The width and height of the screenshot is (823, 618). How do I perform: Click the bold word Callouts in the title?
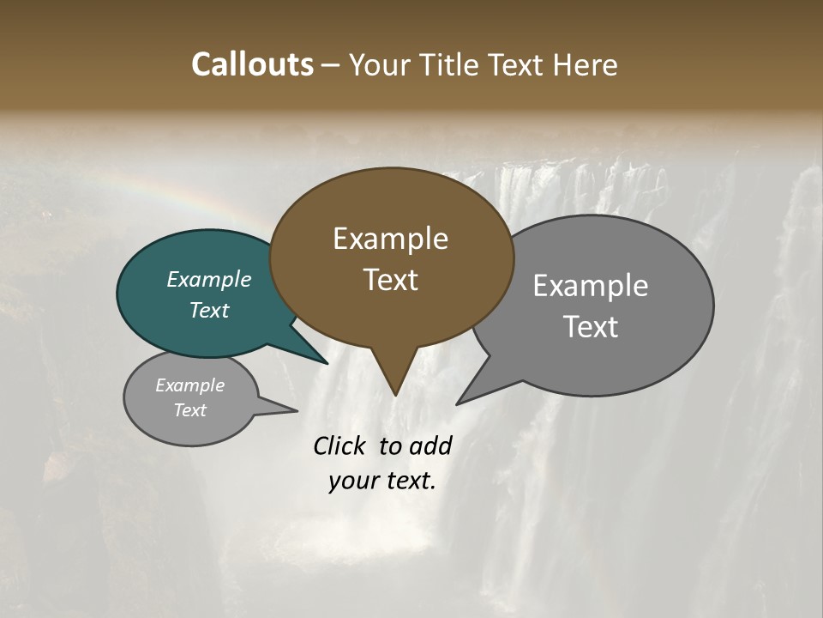(x=252, y=64)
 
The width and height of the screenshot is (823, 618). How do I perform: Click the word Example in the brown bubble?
(x=390, y=239)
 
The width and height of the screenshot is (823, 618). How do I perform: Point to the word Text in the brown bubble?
(x=390, y=280)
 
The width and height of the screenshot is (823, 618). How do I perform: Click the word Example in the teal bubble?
(x=209, y=280)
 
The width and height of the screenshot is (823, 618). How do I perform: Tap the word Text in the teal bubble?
(x=209, y=310)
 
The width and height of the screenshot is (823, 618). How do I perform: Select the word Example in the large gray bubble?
(x=590, y=286)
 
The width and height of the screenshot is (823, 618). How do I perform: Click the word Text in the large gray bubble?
(x=590, y=327)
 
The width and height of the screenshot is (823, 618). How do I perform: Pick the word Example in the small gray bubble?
(x=189, y=385)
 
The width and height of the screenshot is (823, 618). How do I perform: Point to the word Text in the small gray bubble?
(x=189, y=410)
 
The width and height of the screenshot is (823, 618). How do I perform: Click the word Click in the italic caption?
(x=340, y=445)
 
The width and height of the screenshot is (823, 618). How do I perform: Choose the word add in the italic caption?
(x=430, y=445)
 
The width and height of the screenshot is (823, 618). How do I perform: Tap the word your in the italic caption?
(x=354, y=481)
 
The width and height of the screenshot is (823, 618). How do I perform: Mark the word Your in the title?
(x=378, y=64)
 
